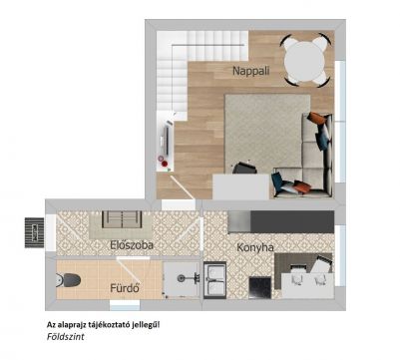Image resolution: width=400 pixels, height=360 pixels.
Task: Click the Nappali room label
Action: pyautogui.click(x=250, y=71)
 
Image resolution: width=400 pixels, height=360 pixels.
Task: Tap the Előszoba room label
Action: pyautogui.click(x=132, y=245)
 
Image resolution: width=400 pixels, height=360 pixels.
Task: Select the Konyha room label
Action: pyautogui.click(x=255, y=247)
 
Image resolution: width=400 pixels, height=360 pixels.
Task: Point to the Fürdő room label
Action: pyautogui.click(x=125, y=288)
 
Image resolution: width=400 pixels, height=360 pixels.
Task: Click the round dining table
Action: pyautogui.click(x=304, y=62)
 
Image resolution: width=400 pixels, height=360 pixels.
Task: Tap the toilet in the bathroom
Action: pyautogui.click(x=68, y=280)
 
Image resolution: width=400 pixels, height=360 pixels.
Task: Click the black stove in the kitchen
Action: pyautogui.click(x=260, y=288)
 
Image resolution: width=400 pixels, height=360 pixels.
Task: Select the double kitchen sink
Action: pyautogui.click(x=214, y=280)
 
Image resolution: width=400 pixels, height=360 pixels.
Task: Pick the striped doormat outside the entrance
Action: pyautogui.click(x=34, y=232)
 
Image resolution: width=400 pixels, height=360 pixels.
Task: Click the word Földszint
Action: pyautogui.click(x=66, y=337)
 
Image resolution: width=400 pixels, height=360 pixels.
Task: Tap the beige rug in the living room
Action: pyautogui.click(x=266, y=133)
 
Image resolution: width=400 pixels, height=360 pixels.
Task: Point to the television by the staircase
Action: pyautogui.click(x=167, y=141)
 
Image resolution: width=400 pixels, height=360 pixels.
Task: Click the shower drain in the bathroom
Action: pyautogui.click(x=182, y=278)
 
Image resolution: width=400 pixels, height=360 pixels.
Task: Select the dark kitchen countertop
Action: pyautogui.click(x=292, y=221)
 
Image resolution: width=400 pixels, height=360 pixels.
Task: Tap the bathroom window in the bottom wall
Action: pyautogui.click(x=125, y=305)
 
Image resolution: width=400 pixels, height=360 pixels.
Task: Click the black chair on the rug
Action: pyautogui.click(x=244, y=169)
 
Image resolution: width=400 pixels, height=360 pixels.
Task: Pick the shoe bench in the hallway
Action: pyautogui.click(x=122, y=219)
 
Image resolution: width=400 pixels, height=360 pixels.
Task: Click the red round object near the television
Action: pyautogui.click(x=165, y=164)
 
